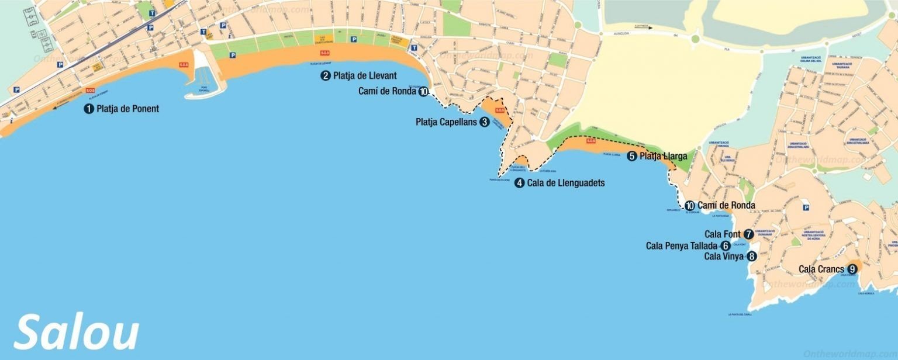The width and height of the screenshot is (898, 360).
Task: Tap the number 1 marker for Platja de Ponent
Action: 89,109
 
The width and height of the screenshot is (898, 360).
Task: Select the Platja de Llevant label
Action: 365,75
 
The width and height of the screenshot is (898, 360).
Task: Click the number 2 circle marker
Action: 325,75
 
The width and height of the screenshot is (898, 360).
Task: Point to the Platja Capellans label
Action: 447,122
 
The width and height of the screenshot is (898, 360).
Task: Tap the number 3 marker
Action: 484,122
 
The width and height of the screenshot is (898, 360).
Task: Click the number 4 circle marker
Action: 520,183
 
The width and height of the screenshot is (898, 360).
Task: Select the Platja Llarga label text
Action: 663,156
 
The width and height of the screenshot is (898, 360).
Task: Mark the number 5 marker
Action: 631,156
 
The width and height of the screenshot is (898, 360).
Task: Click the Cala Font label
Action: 723,234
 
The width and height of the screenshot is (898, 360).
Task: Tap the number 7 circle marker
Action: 748,234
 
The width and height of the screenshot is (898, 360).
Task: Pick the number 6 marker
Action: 726,245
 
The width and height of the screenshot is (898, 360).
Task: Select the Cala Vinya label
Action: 724,256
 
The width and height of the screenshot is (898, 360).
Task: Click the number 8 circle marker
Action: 751,256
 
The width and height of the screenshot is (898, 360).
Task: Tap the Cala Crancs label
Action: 821,269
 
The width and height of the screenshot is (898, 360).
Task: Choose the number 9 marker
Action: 852,269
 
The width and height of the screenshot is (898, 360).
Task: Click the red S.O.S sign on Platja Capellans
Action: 499,110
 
